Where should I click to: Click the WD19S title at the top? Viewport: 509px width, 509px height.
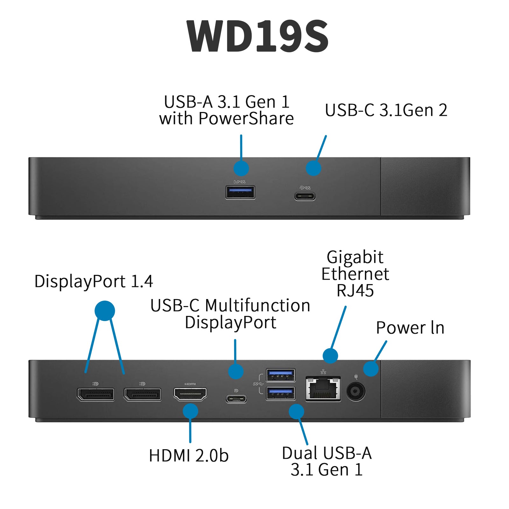point(258,36)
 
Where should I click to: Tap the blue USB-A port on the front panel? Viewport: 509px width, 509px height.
point(240,192)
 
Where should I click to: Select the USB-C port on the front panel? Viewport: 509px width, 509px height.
point(305,196)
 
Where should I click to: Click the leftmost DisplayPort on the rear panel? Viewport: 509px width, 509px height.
point(95,394)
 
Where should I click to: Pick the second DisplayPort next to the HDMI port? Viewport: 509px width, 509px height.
point(143,394)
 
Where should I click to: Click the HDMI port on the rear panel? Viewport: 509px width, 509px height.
point(190,394)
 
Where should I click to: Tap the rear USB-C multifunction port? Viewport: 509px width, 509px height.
point(236,399)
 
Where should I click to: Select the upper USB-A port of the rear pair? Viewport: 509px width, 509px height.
point(280,375)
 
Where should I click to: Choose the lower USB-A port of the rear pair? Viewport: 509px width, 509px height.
point(280,394)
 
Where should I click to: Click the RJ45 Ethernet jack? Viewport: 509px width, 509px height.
point(323,389)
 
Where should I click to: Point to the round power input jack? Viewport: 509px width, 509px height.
point(356,391)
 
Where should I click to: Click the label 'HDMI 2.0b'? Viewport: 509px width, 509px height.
point(189,455)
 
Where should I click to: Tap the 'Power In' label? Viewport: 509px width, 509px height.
point(410,328)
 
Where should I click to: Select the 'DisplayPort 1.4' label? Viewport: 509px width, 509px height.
point(94,281)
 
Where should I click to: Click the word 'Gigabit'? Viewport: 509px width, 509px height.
point(355,257)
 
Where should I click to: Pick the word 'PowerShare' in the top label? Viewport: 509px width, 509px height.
point(246,119)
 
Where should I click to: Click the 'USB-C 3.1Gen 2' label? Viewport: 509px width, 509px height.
point(386,110)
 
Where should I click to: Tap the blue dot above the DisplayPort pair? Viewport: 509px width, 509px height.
point(105,310)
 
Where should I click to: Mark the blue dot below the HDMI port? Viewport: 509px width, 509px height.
point(190,411)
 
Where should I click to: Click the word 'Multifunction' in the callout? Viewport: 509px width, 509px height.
point(258,305)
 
